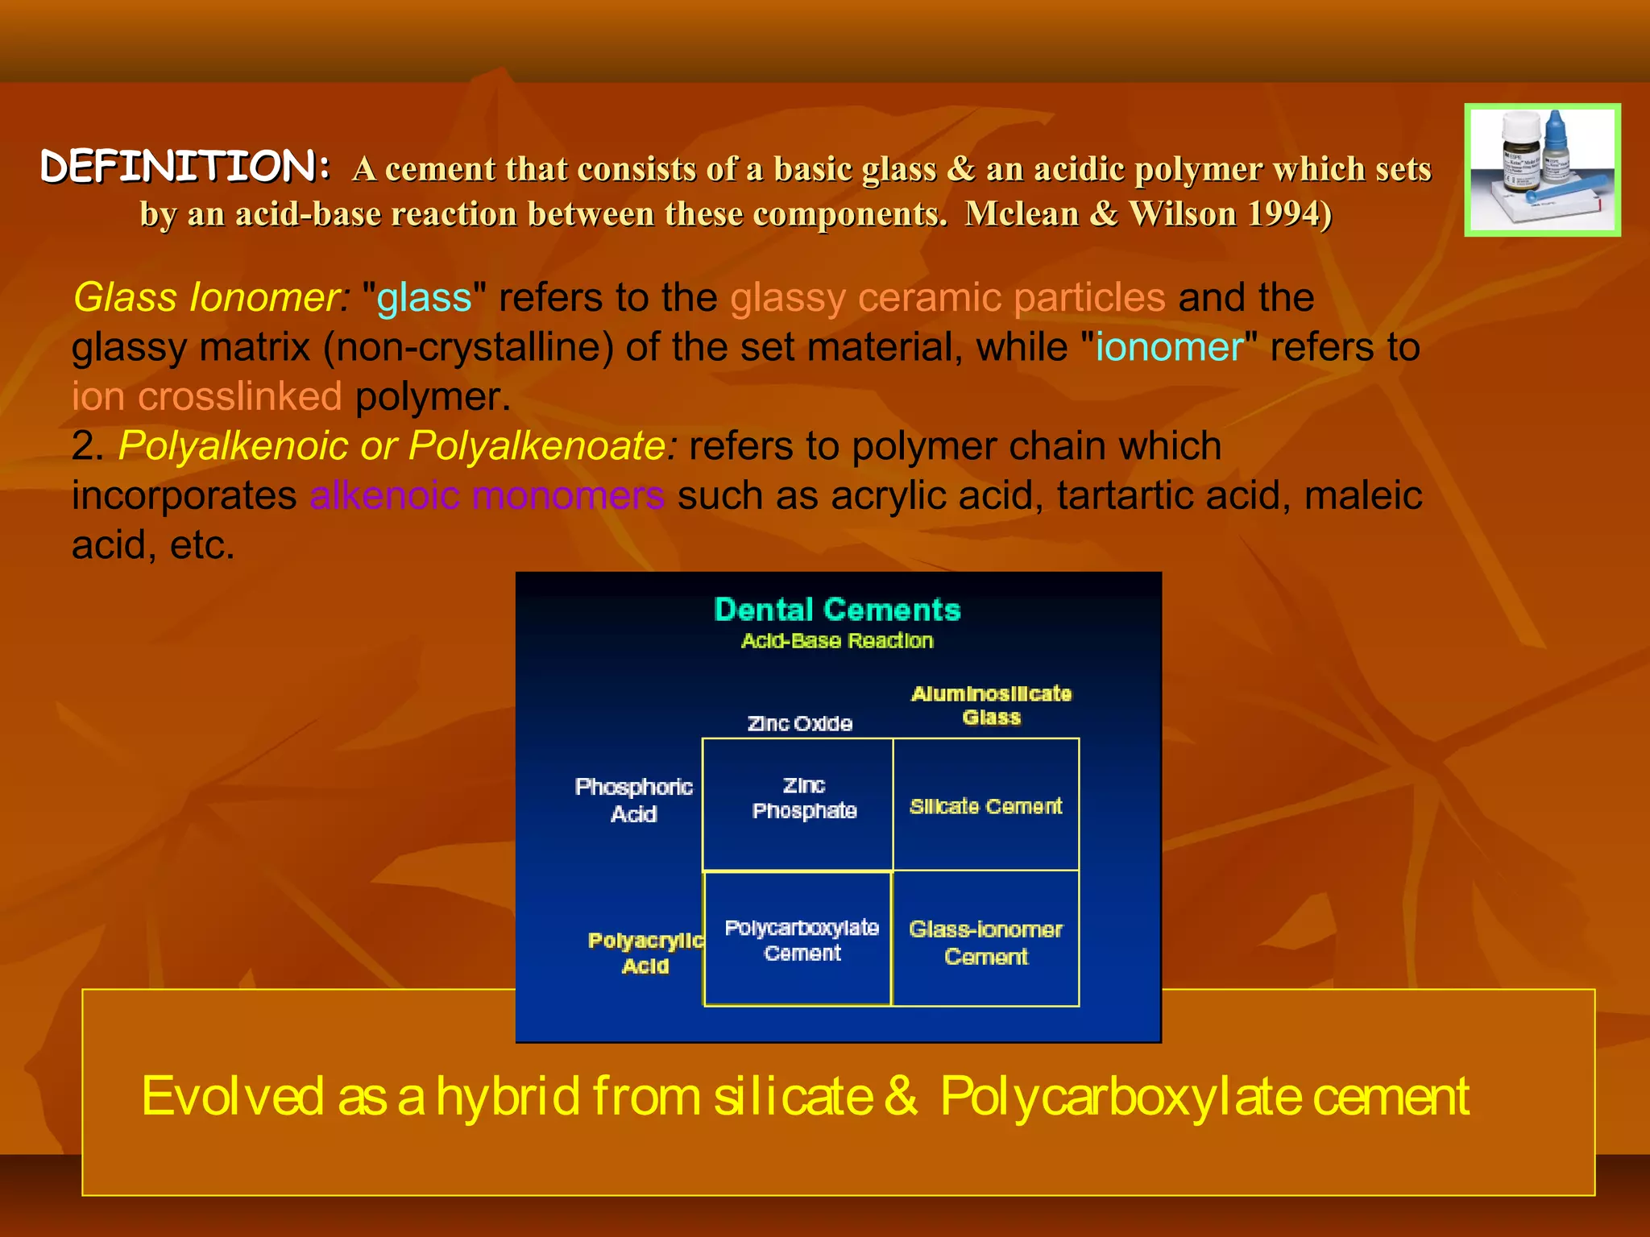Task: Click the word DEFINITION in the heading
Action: pyautogui.click(x=184, y=167)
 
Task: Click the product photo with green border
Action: pyautogui.click(x=1542, y=170)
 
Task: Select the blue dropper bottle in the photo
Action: pyautogui.click(x=1557, y=153)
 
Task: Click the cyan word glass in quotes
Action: pyautogui.click(x=424, y=298)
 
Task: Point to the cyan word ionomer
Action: pyautogui.click(x=1169, y=348)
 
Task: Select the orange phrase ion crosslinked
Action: pyautogui.click(x=207, y=397)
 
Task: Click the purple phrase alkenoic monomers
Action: pyautogui.click(x=487, y=495)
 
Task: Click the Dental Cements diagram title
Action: pyautogui.click(x=837, y=610)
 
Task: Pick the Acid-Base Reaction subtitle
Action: pyautogui.click(x=837, y=641)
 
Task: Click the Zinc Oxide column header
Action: pyautogui.click(x=799, y=723)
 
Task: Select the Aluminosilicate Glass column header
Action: pyautogui.click(x=991, y=705)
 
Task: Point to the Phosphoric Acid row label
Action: pyautogui.click(x=633, y=800)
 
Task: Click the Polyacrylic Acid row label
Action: pyautogui.click(x=645, y=953)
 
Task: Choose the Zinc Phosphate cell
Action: pyautogui.click(x=803, y=798)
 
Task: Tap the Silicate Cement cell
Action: pyautogui.click(x=985, y=806)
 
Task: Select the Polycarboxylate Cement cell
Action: pyautogui.click(x=802, y=940)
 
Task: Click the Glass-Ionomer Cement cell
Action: pyautogui.click(x=985, y=942)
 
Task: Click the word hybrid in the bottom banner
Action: pyautogui.click(x=508, y=1096)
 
